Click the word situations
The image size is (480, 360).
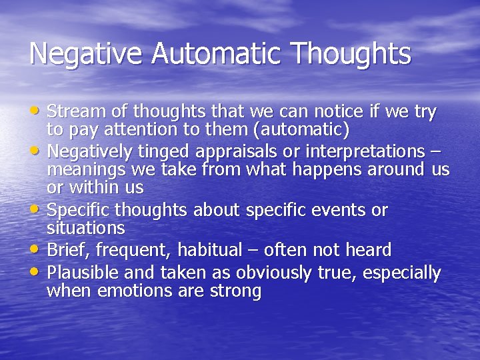[x=86, y=227]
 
